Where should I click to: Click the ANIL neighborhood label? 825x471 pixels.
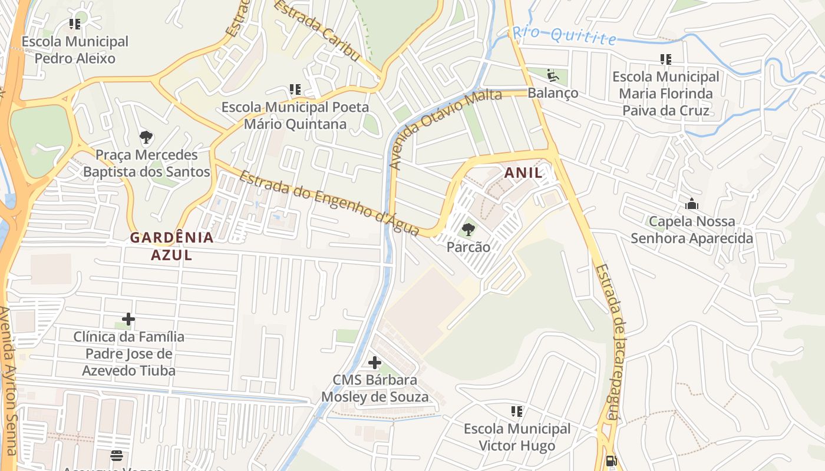[523, 173]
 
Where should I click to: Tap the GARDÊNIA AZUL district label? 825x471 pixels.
[171, 246]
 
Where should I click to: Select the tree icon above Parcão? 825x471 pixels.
[468, 229]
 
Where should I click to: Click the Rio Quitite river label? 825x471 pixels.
[564, 35]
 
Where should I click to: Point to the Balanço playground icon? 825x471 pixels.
[553, 75]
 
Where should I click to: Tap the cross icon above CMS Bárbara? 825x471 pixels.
[374, 363]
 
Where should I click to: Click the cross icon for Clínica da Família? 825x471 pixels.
[128, 320]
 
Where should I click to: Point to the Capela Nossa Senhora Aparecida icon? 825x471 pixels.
[692, 204]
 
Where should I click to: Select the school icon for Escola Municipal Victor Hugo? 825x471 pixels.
[517, 412]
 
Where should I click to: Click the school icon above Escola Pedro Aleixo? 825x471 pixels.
[75, 24]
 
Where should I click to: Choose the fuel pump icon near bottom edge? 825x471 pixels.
[612, 460]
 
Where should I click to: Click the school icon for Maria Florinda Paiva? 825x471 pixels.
[666, 59]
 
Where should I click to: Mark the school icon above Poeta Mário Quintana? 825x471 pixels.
[295, 90]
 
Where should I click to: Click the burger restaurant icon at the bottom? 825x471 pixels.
[117, 456]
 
